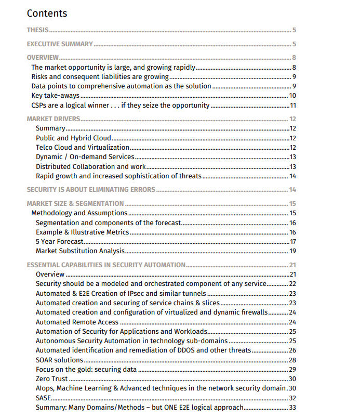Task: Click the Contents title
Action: pos(47,13)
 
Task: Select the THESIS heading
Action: pos(37,31)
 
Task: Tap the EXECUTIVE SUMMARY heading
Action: pos(60,44)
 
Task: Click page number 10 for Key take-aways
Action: pos(292,96)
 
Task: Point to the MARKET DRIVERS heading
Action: pos(54,119)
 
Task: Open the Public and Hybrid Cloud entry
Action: pos(73,138)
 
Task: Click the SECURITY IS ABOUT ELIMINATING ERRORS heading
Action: pos(91,190)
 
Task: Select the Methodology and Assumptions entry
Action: pos(79,213)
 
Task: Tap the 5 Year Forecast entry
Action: pos(59,242)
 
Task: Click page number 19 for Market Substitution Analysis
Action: pos(292,251)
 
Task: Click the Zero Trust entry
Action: pos(52,379)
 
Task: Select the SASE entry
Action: pos(44,398)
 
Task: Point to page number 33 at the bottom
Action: pos(292,408)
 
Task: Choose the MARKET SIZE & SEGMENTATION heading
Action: pos(75,204)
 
